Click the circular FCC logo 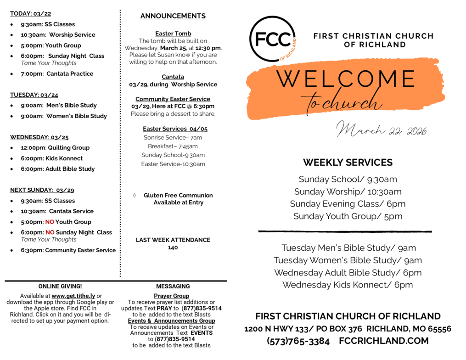coord(272,39)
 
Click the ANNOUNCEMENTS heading coord(173,16)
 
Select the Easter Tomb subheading coord(173,34)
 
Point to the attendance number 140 coord(173,247)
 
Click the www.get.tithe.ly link coord(73,296)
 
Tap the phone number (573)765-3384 coord(298,341)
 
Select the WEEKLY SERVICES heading coord(348,162)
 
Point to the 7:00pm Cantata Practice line coord(57,73)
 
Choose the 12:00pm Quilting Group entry coord(55,148)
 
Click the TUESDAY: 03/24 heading coord(34,95)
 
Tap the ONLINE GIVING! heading coord(60,286)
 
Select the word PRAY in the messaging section coord(165,309)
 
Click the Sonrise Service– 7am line coord(173,137)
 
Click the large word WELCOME coord(346,79)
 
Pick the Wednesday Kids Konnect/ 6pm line coord(348,285)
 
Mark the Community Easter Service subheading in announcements coord(173,99)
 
